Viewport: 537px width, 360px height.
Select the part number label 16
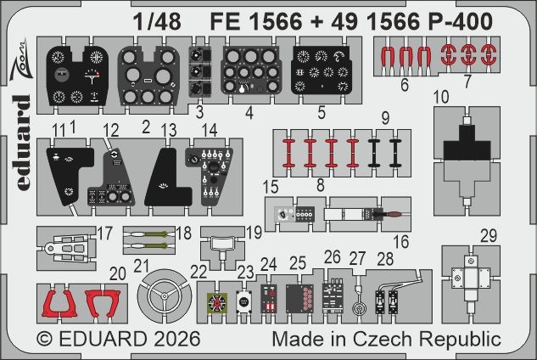coord(400,243)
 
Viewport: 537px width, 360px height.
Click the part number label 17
coord(103,233)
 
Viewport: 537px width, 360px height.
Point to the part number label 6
coord(405,85)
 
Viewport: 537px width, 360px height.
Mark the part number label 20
coord(118,273)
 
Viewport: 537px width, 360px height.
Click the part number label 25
coord(298,264)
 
